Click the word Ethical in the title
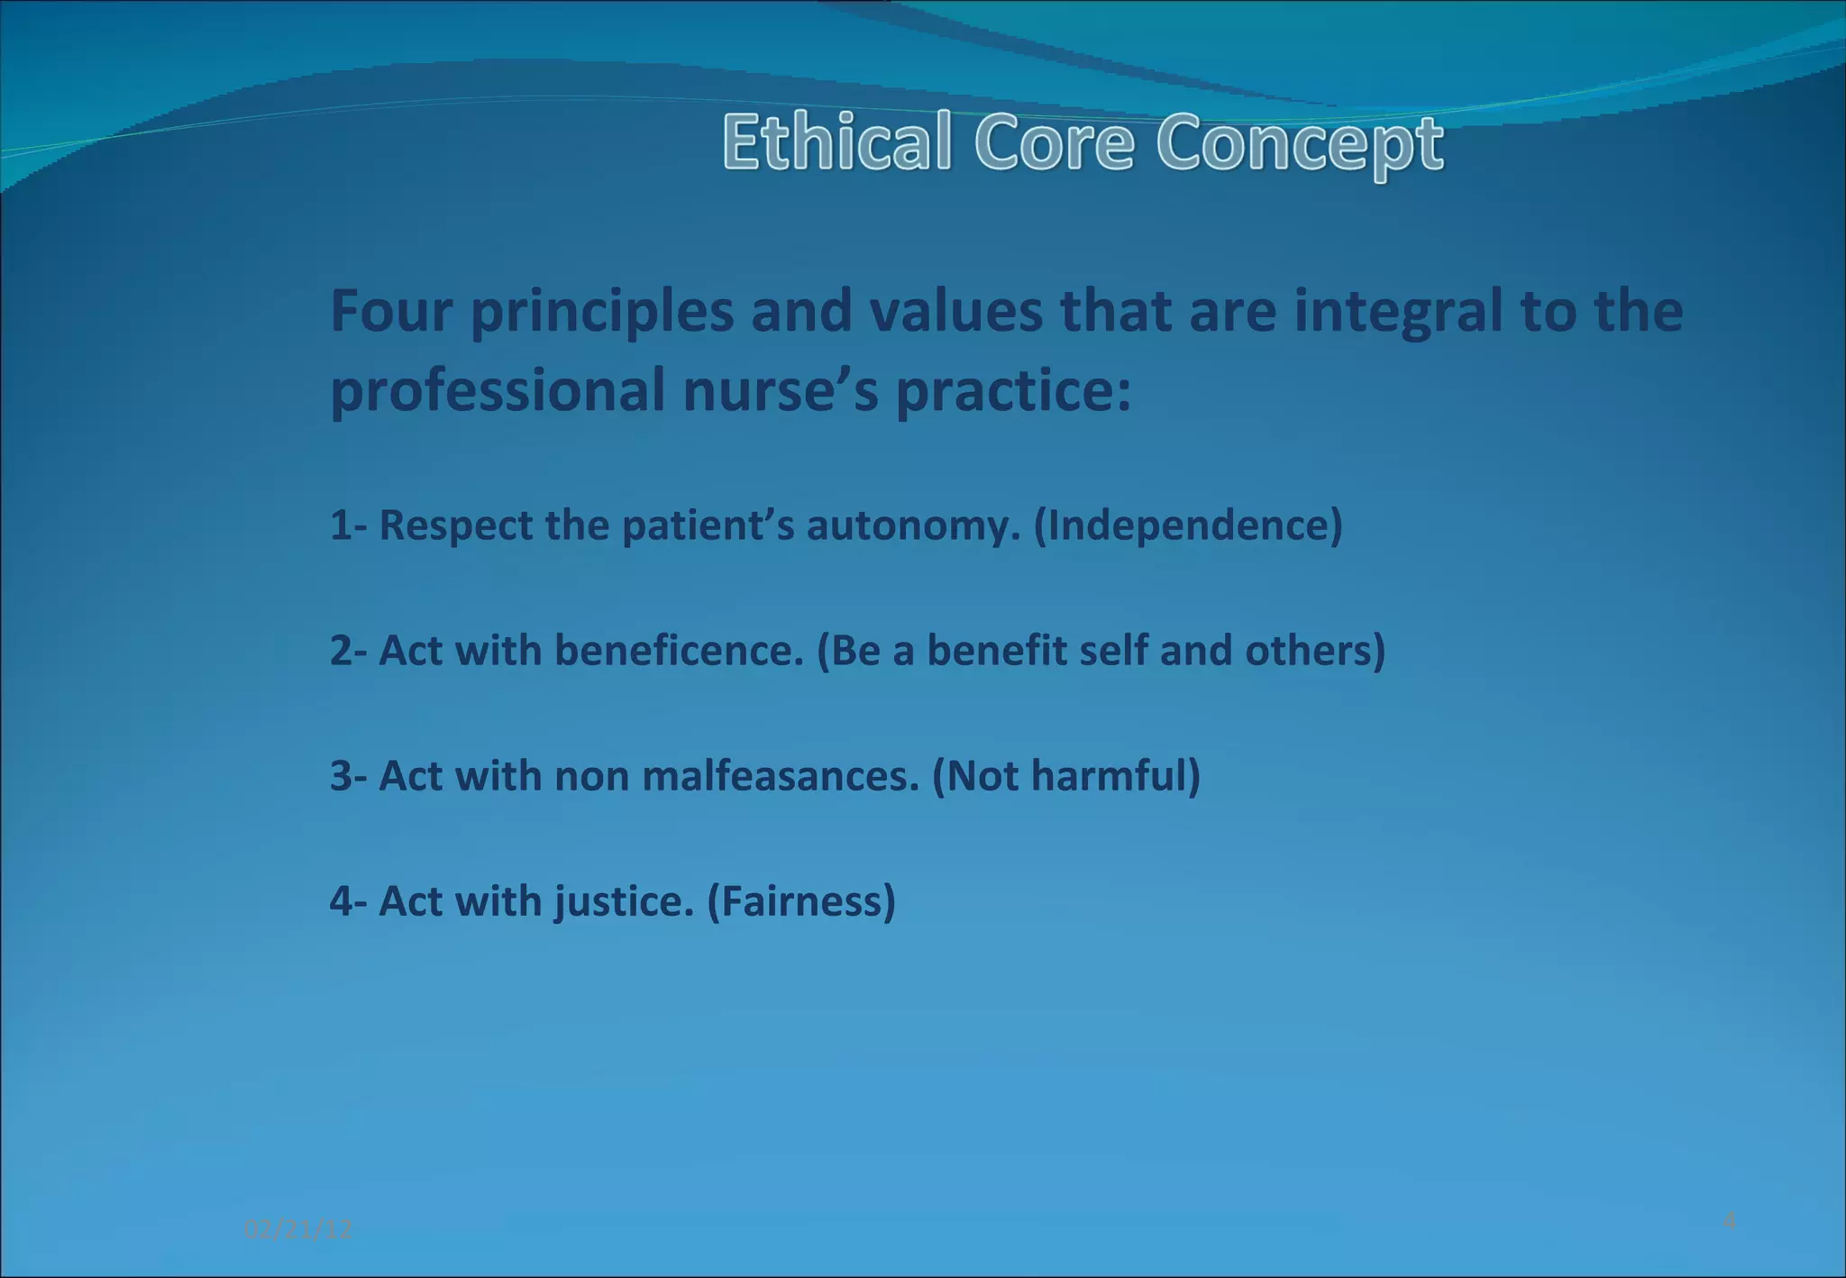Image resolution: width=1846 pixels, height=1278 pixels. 836,142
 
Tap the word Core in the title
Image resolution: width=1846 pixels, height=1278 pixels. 1054,142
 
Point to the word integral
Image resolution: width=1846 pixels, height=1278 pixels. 1398,313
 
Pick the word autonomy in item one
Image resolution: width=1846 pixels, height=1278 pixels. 913,525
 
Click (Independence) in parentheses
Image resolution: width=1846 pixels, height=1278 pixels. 1188,525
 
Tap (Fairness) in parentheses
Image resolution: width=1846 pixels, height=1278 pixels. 801,901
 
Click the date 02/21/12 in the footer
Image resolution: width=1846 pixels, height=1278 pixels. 297,1229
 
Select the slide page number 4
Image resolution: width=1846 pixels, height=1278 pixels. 1729,1221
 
